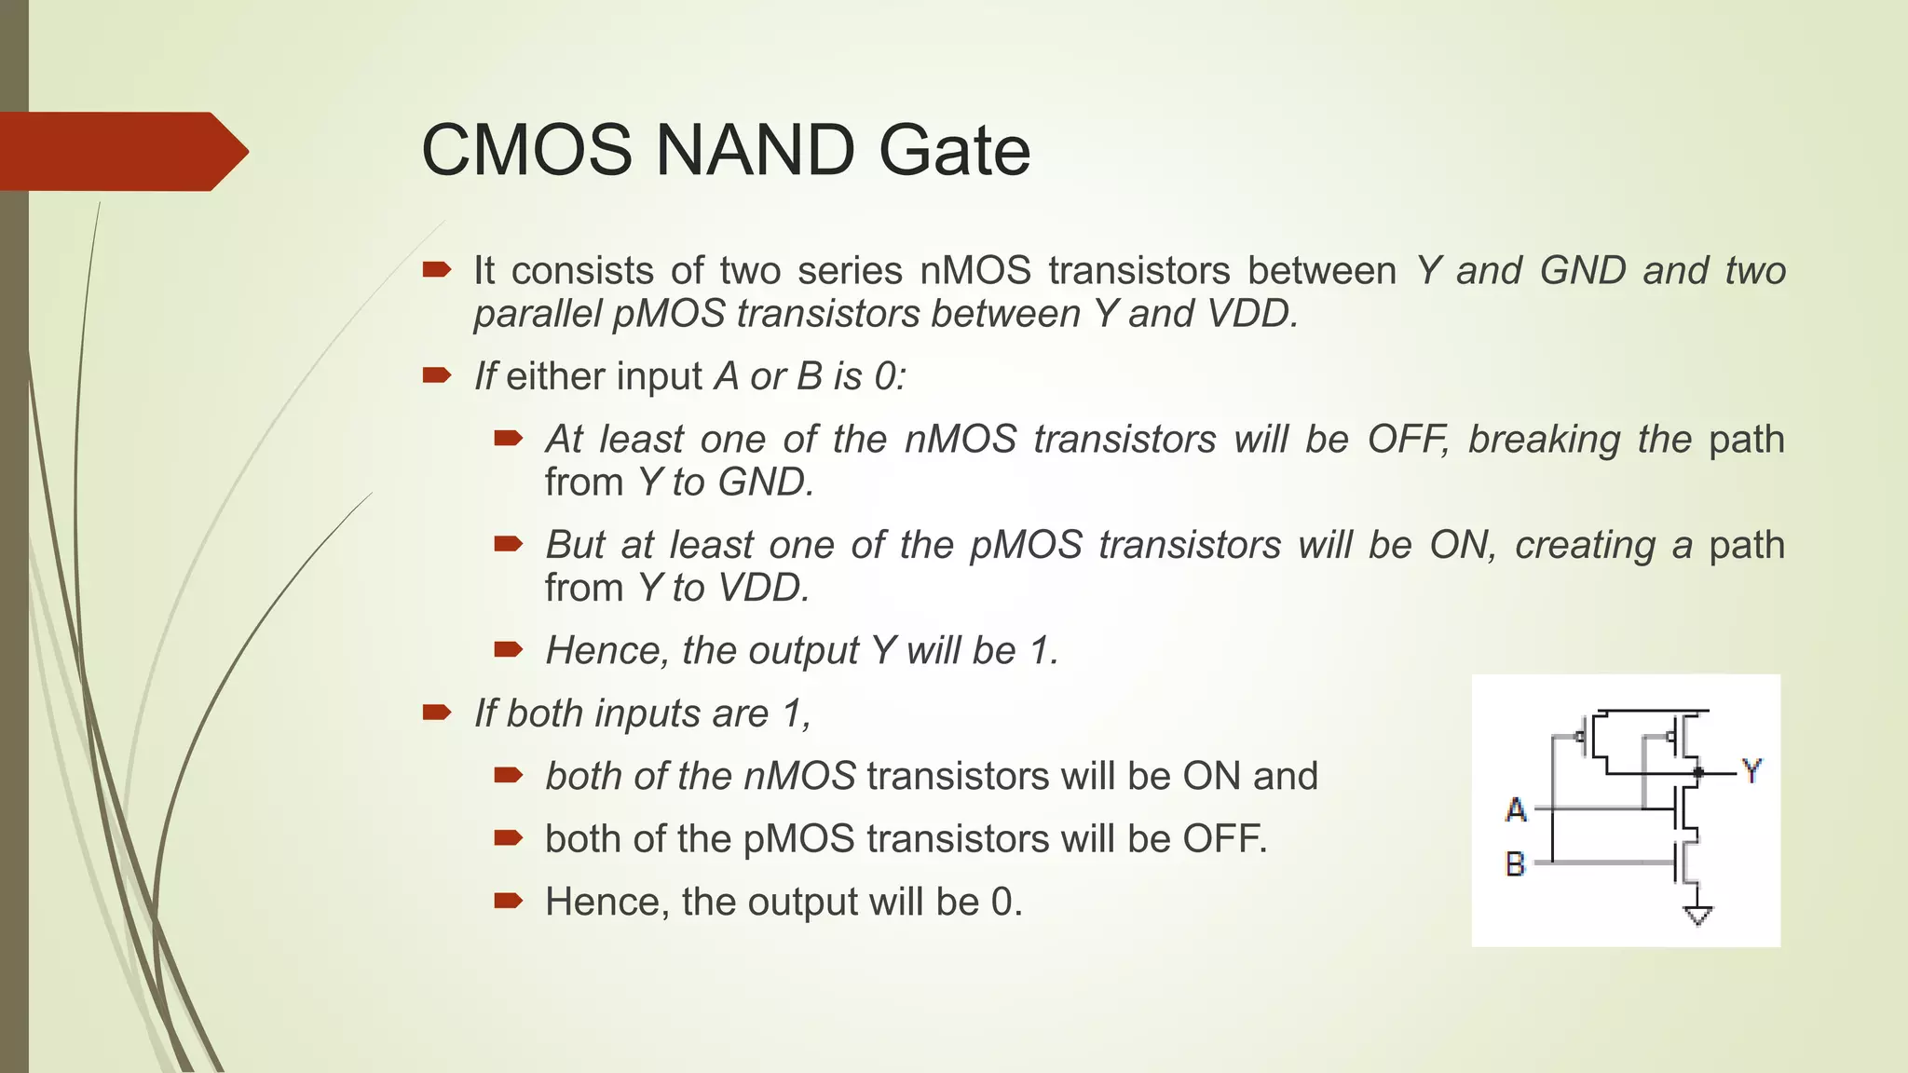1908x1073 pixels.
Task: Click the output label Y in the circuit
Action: pyautogui.click(x=1751, y=771)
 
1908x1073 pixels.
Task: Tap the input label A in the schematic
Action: pyautogui.click(x=1516, y=809)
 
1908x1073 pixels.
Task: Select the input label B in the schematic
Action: pyautogui.click(x=1516, y=864)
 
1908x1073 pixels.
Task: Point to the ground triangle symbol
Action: pyautogui.click(x=1698, y=917)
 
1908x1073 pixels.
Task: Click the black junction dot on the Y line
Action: pyautogui.click(x=1698, y=772)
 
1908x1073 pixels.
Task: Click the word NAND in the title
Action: pyautogui.click(x=755, y=150)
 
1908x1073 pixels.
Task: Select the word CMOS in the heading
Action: pyautogui.click(x=526, y=150)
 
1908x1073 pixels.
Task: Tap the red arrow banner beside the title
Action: pyautogui.click(x=121, y=151)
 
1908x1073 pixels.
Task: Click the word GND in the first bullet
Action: pyautogui.click(x=1582, y=271)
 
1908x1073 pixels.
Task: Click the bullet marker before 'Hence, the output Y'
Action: pyautogui.click(x=509, y=649)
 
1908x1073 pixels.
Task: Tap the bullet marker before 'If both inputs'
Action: pyautogui.click(x=436, y=713)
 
